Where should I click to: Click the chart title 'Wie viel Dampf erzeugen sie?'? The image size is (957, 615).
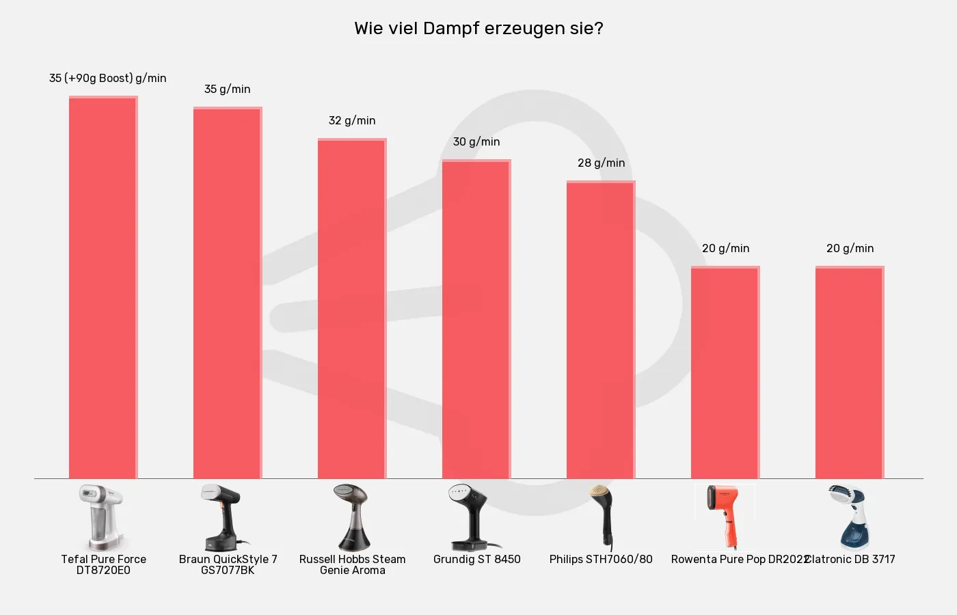point(478,29)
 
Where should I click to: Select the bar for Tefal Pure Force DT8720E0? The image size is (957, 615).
point(103,287)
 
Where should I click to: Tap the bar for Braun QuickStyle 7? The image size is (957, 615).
point(228,294)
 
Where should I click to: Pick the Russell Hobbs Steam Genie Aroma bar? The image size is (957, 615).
point(352,307)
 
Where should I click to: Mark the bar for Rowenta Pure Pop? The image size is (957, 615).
point(725,372)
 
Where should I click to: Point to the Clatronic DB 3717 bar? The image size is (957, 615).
point(850,372)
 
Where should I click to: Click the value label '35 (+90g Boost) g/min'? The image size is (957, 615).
point(108,78)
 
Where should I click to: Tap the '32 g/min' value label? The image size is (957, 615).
point(352,120)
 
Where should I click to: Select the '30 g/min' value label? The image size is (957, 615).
point(476,141)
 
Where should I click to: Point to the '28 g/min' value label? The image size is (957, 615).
point(602,163)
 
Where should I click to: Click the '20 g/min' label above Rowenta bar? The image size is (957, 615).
point(726,248)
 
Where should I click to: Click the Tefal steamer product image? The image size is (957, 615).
point(103,517)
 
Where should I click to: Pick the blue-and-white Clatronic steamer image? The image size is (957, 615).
point(848,517)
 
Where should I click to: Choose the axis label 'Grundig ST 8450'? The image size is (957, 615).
point(477,559)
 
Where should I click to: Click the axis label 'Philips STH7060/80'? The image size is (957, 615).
point(601,559)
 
